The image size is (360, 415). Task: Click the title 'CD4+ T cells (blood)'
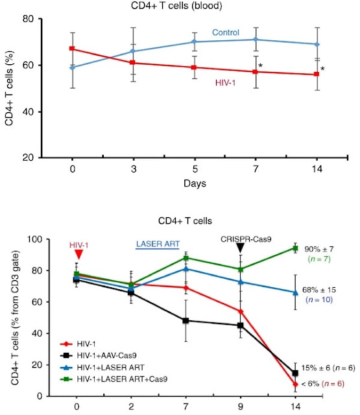[x=176, y=6]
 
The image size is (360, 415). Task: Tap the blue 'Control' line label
[x=226, y=32]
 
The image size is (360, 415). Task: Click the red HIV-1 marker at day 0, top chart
[x=72, y=49]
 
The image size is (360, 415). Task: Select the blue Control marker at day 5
[x=195, y=41]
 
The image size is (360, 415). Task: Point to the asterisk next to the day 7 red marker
[x=261, y=65]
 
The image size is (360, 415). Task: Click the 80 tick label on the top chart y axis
[x=28, y=19]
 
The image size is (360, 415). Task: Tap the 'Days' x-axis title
[x=195, y=184]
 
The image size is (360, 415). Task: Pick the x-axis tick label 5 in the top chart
[x=195, y=169]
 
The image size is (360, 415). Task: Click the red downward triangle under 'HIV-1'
[x=78, y=254]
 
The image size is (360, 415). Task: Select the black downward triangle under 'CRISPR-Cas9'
[x=240, y=248]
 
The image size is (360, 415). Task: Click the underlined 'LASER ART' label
[x=158, y=244]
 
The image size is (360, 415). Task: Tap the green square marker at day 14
[x=295, y=248]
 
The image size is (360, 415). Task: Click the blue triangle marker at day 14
[x=295, y=292]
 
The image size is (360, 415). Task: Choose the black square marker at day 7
[x=186, y=320]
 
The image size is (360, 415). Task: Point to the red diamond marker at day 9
[x=241, y=311]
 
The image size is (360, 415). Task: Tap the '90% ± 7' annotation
[x=319, y=249]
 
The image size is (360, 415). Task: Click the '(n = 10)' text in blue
[x=319, y=300]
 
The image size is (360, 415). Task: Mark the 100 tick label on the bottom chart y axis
[x=34, y=239]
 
